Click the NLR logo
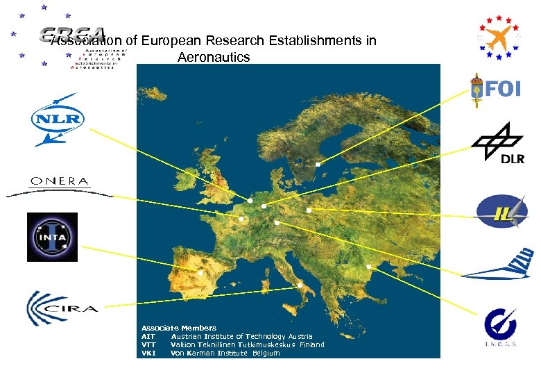coord(58,119)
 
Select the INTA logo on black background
coord(52,237)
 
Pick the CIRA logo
coord(62,308)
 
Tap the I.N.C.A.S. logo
coord(499,326)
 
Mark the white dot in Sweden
coord(316,165)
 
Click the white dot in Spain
coord(201,272)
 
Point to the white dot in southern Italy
coord(300,285)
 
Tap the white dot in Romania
coord(369,267)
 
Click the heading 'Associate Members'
coord(179,328)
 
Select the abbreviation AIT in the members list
coord(148,336)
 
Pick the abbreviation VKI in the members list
coord(148,353)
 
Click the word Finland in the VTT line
coord(311,344)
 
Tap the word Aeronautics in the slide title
coord(214,58)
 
